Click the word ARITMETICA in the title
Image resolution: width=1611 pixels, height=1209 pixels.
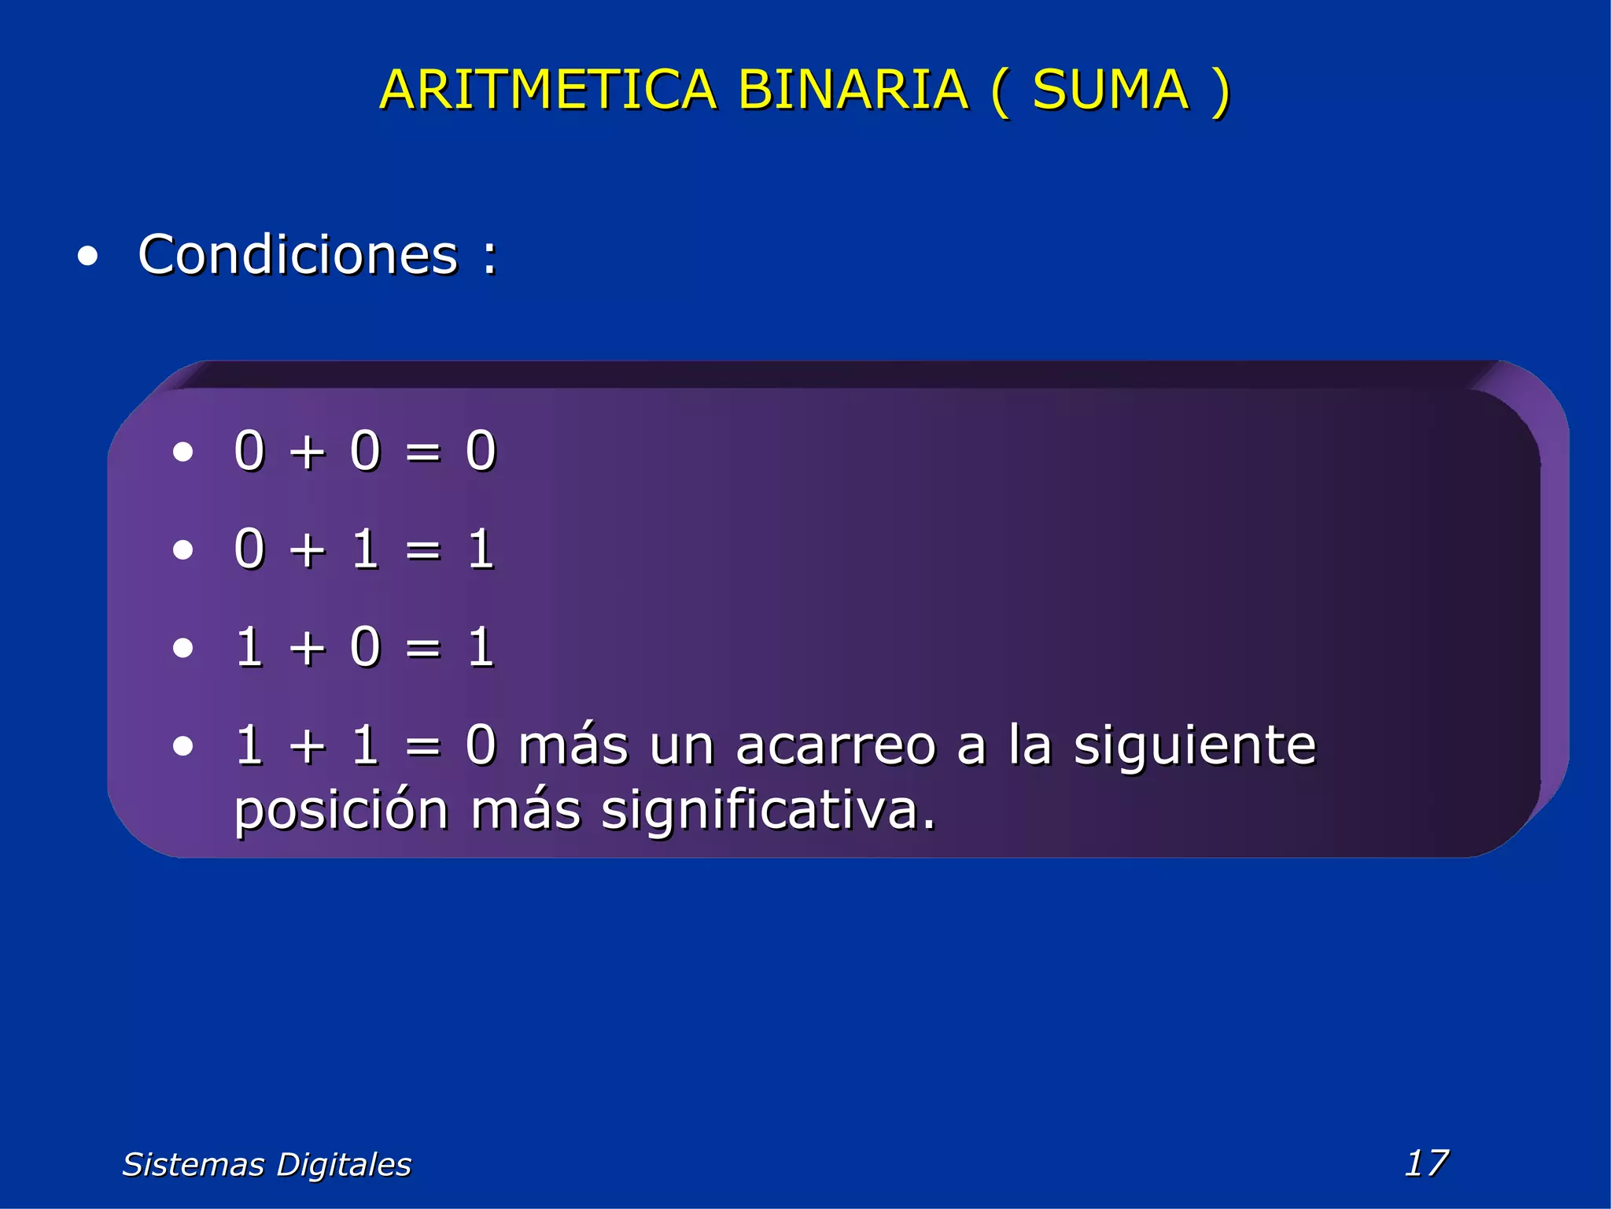(547, 90)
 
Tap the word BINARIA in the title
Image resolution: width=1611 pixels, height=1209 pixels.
(852, 90)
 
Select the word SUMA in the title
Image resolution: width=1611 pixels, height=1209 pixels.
(1110, 90)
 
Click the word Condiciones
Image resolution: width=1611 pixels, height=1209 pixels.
(297, 255)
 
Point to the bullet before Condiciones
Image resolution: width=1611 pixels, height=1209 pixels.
(88, 257)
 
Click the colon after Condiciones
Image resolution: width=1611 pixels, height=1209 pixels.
(490, 257)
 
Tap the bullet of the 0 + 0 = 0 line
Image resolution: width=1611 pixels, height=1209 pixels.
(182, 452)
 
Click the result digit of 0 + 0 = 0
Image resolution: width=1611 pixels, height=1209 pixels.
(481, 451)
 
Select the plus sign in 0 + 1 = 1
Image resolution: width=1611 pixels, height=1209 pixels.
(307, 549)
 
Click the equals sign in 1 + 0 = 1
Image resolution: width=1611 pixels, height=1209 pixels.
(423, 648)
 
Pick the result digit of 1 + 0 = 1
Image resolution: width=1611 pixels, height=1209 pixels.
(481, 647)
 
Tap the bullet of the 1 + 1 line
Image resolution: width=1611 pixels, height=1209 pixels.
(182, 745)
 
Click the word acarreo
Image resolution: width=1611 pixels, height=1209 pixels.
(835, 745)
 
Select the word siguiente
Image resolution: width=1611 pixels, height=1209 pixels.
(1194, 745)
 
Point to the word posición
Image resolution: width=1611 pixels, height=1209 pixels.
(341, 811)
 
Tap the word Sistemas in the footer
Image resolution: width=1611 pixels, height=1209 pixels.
(193, 1164)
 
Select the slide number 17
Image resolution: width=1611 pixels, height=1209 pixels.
(1426, 1163)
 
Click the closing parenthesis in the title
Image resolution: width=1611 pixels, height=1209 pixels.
(1220, 91)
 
